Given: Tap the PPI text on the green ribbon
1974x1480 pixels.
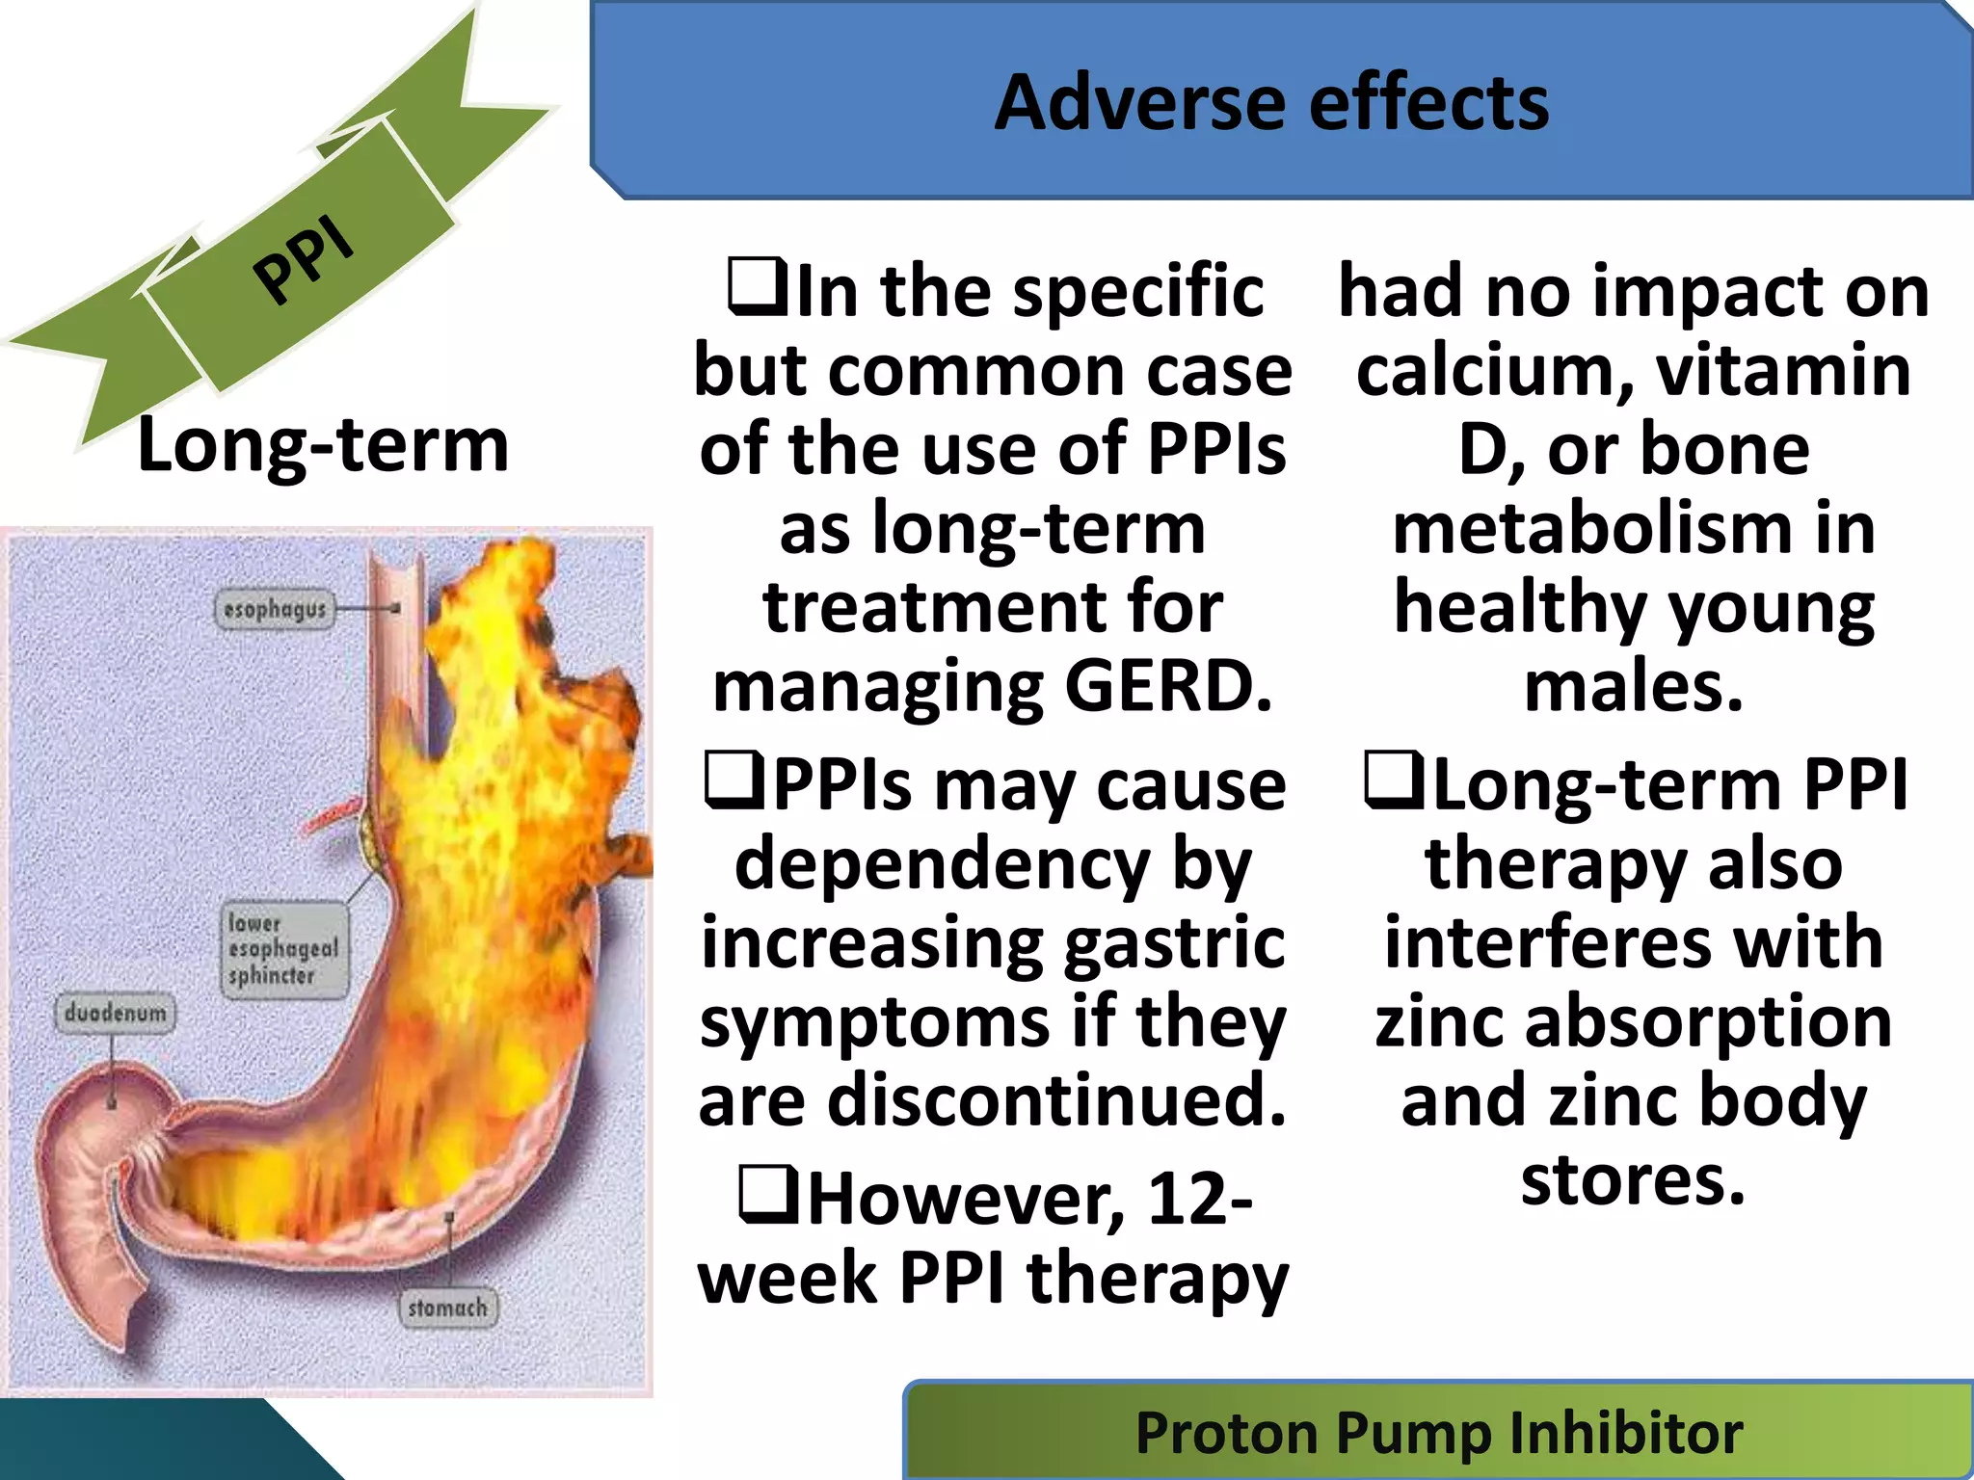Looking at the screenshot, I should coord(304,260).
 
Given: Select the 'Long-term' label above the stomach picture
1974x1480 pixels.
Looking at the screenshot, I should coord(323,445).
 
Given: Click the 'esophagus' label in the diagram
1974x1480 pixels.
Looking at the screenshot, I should coord(275,610).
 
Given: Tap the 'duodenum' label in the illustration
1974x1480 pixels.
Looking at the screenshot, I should coord(116,1014).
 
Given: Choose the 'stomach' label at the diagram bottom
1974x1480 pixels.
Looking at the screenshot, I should coord(447,1308).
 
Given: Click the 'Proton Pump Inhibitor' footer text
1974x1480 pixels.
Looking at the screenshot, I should coord(1438,1433).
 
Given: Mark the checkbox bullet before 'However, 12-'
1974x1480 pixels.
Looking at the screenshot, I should coord(767,1195).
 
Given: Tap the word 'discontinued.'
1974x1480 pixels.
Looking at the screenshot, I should coord(1056,1100).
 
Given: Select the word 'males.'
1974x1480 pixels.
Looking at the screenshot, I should coord(1634,687).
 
